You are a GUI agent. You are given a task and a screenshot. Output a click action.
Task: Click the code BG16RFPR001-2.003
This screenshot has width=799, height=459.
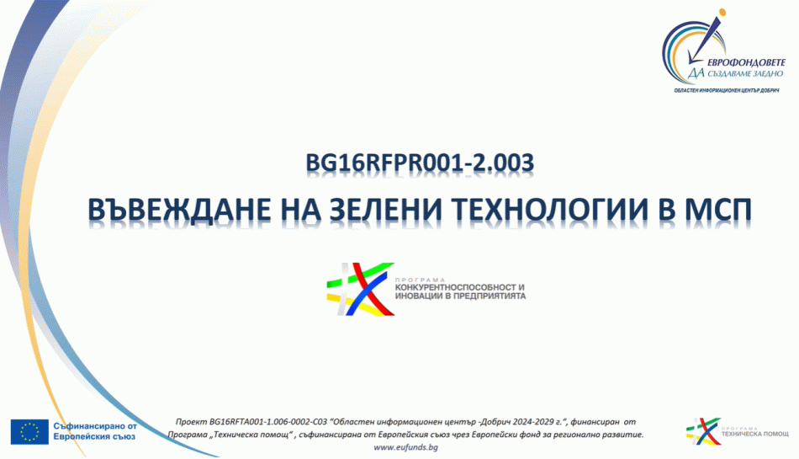420,163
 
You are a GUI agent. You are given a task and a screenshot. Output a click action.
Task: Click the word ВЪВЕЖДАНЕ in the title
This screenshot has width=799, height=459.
179,210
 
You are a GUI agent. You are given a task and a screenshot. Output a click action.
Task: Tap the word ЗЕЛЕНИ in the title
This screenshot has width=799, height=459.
386,210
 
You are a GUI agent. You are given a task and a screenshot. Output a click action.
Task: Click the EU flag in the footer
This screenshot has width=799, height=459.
29,432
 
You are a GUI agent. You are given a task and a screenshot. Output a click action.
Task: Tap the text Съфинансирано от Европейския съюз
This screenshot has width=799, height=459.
95,431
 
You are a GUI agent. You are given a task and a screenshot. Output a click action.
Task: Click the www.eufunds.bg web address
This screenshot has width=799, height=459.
405,447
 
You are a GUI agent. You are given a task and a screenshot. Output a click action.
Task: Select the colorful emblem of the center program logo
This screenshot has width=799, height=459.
360,289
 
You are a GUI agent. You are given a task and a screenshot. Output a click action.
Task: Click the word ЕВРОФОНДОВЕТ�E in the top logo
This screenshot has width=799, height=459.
746,61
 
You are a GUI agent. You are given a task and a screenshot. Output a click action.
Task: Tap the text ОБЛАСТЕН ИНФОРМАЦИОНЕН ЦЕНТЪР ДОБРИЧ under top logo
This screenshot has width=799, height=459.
727,91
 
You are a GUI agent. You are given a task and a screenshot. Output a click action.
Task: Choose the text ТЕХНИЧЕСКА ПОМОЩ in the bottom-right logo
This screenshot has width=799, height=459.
755,434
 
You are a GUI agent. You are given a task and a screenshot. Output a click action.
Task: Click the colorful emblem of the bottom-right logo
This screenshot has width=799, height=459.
702,431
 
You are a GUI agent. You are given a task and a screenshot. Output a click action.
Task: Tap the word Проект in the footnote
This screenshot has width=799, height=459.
191,422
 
